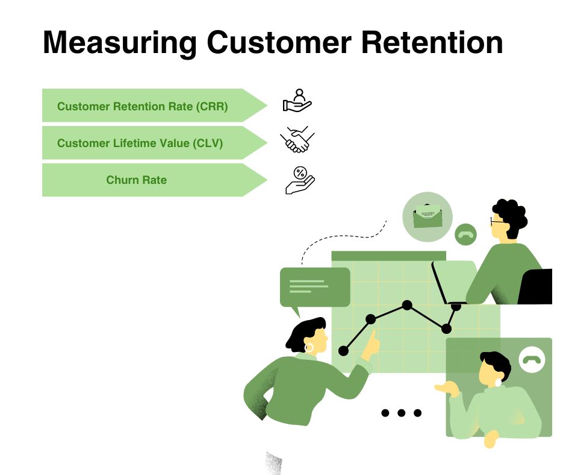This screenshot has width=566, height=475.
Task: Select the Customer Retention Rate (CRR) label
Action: coord(142,107)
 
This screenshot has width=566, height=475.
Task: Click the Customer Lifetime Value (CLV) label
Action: coord(140,143)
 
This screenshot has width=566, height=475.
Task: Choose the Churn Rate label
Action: coord(136,180)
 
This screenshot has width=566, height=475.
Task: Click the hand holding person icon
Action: coord(297,101)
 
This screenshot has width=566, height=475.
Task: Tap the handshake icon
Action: coord(297,140)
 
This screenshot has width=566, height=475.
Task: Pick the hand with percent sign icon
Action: coord(300,180)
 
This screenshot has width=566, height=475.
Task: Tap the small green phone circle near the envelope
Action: coord(465,234)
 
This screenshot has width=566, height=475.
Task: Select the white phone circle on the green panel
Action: coord(532,359)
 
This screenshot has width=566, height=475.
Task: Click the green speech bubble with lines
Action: coord(314,287)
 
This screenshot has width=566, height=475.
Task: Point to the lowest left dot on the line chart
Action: coord(344,350)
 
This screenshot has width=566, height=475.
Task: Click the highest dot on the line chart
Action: coord(407,305)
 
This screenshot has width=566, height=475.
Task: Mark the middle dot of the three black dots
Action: coord(402,413)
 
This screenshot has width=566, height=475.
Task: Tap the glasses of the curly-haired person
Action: coord(498,221)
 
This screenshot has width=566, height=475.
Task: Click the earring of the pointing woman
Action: coord(309,348)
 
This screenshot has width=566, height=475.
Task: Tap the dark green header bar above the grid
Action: coord(388,256)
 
